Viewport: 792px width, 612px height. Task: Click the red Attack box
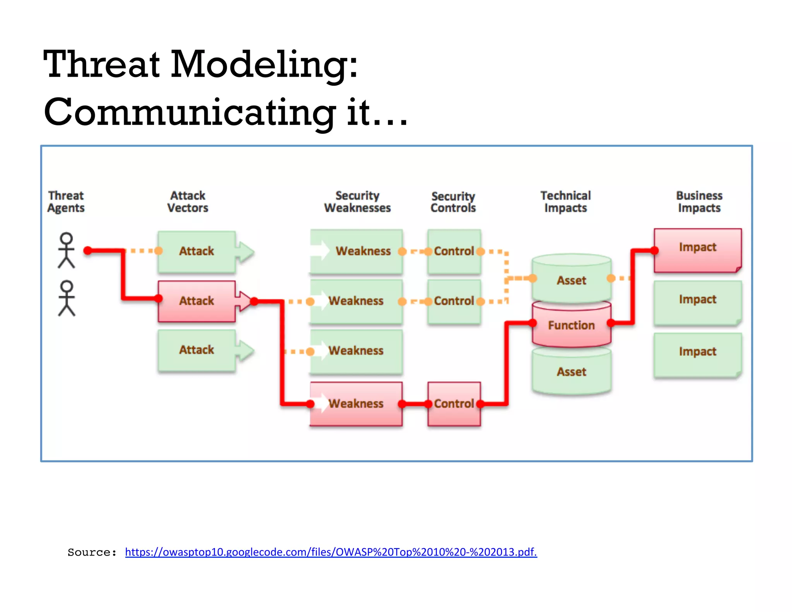click(196, 301)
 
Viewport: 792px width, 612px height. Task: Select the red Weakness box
click(356, 403)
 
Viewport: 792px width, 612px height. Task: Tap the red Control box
click(454, 403)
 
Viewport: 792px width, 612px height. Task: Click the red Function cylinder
click(571, 325)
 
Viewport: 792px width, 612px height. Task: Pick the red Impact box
click(697, 250)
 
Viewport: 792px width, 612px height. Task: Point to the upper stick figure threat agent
click(67, 250)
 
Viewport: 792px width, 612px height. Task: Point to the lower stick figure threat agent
click(67, 298)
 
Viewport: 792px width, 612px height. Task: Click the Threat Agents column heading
click(66, 202)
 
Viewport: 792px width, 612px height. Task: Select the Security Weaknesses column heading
click(357, 202)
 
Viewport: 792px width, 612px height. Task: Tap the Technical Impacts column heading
click(565, 202)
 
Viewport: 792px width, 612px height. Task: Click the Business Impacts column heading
click(699, 202)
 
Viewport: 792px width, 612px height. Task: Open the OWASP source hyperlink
click(331, 552)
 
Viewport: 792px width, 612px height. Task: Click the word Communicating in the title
click(189, 112)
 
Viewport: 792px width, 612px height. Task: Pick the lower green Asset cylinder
click(571, 371)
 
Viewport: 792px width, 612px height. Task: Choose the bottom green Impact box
click(697, 354)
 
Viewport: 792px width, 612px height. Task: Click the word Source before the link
click(92, 552)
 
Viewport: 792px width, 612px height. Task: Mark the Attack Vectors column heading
click(188, 202)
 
